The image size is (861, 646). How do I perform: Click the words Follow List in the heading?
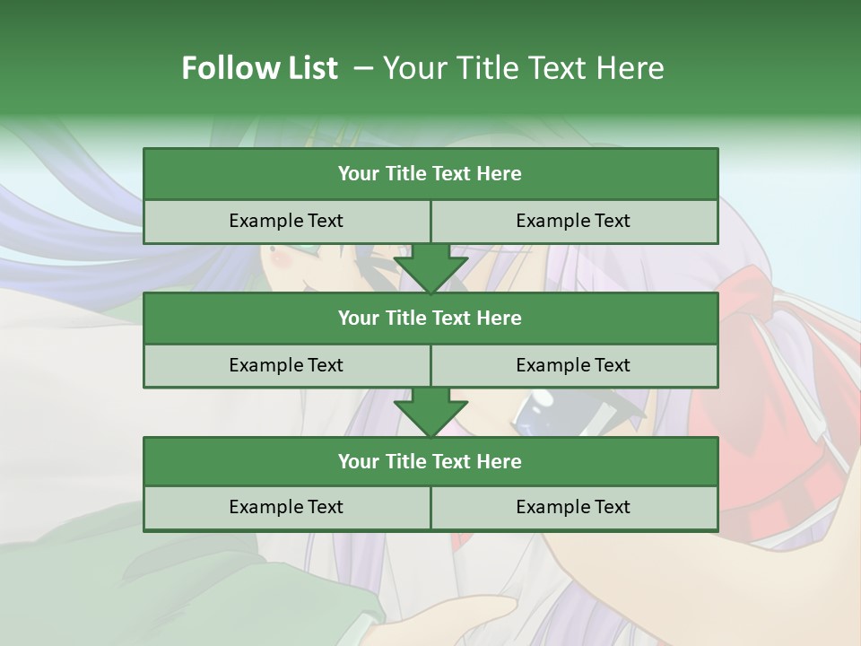pyautogui.click(x=259, y=68)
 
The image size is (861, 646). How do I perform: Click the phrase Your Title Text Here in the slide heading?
pyautogui.click(x=523, y=68)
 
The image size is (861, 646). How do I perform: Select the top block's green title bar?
pyautogui.click(x=430, y=174)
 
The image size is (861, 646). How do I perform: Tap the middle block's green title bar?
pyautogui.click(x=430, y=318)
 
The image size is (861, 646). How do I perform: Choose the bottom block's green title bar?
pyautogui.click(x=430, y=461)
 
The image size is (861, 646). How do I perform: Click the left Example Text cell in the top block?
pyautogui.click(x=286, y=221)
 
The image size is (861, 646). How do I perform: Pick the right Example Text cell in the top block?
pyautogui.click(x=574, y=221)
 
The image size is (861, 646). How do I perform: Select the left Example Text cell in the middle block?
pyautogui.click(x=286, y=365)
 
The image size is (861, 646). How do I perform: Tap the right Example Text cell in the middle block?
pyautogui.click(x=574, y=365)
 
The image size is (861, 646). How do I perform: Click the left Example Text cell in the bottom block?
pyautogui.click(x=286, y=507)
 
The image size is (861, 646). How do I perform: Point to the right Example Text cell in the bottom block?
pyautogui.click(x=574, y=507)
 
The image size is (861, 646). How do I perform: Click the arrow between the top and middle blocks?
pyautogui.click(x=430, y=269)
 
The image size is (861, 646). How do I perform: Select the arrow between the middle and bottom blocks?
pyautogui.click(x=430, y=413)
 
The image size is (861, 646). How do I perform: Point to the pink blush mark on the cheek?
pyautogui.click(x=281, y=259)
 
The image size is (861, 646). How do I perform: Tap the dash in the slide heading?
pyautogui.click(x=364, y=68)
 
